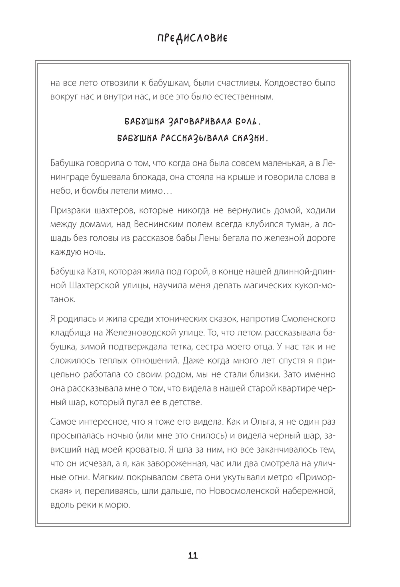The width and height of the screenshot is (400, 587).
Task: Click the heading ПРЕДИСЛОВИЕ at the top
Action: point(192,39)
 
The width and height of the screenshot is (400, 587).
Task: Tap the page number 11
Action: point(192,555)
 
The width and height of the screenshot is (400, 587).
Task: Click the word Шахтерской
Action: point(94,286)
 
